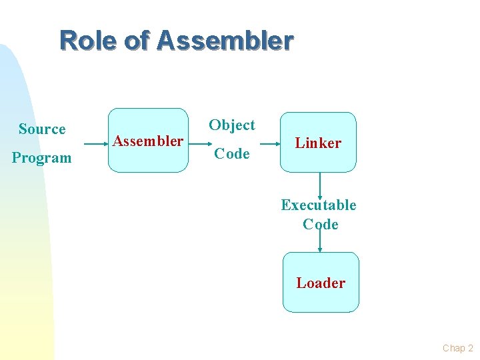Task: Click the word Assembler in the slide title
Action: click(x=225, y=41)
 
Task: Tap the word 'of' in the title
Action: click(x=137, y=41)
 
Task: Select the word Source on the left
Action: click(x=42, y=129)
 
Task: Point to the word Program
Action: click(x=41, y=158)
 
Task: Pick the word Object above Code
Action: click(x=232, y=125)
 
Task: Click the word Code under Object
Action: click(x=232, y=154)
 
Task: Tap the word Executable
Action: click(x=319, y=205)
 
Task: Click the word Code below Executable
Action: click(x=321, y=225)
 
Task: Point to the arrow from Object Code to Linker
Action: click(x=269, y=143)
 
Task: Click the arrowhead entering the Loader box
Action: click(x=321, y=249)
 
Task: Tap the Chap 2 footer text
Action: click(x=457, y=348)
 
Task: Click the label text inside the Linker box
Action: click(x=318, y=143)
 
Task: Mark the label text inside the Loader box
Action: click(x=321, y=283)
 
